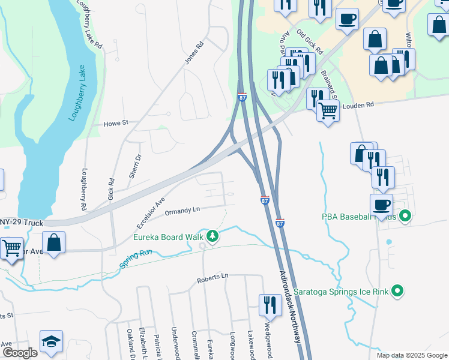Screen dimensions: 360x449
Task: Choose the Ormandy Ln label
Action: [182, 210]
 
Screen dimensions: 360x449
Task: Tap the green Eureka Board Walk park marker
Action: [212, 236]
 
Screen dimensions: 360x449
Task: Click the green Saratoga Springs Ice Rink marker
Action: [397, 292]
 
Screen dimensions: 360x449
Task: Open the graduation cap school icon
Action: [52, 341]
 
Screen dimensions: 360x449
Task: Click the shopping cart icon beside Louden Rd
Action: [328, 111]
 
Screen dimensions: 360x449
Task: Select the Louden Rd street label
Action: [358, 104]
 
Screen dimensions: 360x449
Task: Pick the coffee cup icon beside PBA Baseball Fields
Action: [381, 203]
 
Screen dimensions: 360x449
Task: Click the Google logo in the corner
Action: [19, 353]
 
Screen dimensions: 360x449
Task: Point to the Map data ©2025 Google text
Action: [411, 355]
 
